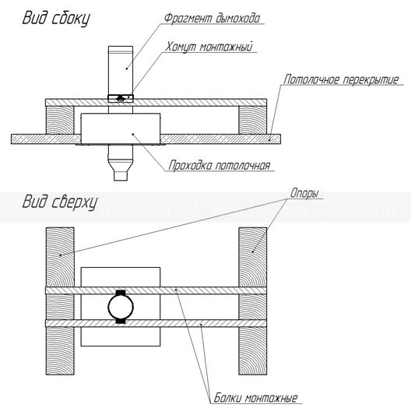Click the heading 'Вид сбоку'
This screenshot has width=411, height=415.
56,18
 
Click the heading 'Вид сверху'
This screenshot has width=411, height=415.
60,202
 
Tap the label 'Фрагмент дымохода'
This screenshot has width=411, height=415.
212,19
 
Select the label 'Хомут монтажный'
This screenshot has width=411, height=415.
209,47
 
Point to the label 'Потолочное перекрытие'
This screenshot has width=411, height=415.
341,79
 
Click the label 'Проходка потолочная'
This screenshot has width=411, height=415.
220,165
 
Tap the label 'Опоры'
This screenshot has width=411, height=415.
304,193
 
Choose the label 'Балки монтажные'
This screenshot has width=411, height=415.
255,398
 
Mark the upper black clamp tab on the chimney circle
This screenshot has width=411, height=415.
121,293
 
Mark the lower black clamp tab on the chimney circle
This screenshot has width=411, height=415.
121,321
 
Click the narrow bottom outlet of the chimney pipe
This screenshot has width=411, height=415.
121,176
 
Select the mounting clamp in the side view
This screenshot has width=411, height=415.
121,98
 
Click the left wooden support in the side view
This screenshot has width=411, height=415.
60,120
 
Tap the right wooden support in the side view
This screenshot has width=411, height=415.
252,120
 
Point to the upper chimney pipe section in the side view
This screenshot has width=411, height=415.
121,71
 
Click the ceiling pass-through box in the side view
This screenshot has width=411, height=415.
121,129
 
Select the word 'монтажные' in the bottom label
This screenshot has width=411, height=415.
271,398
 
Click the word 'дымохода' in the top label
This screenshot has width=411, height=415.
238,19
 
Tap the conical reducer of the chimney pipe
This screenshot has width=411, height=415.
121,165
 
